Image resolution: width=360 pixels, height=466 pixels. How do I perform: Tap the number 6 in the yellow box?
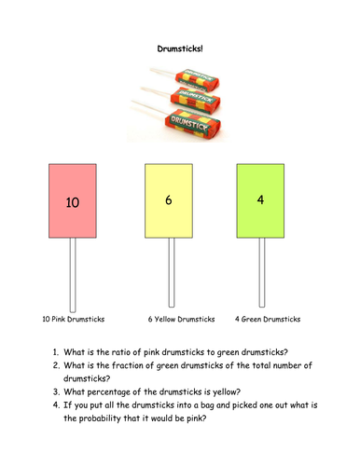[169, 199]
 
